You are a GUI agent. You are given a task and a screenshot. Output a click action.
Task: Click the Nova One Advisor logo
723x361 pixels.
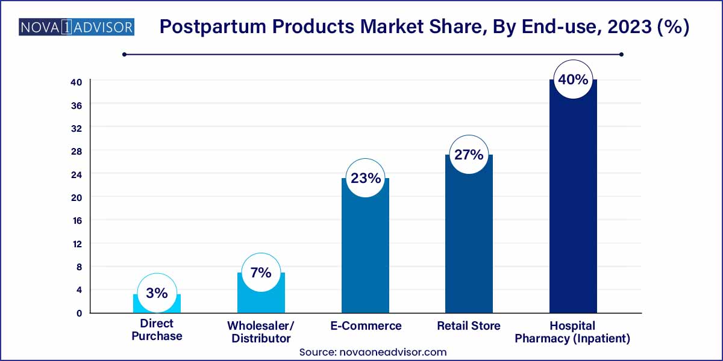pyautogui.click(x=76, y=27)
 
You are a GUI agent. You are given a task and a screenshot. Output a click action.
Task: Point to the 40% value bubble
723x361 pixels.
pyautogui.click(x=573, y=79)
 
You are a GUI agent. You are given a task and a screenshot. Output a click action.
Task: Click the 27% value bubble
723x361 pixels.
pyautogui.click(x=469, y=155)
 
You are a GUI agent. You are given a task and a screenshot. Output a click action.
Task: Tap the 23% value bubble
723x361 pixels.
pyautogui.click(x=365, y=178)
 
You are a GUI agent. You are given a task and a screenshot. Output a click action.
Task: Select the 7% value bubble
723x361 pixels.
pyautogui.click(x=261, y=273)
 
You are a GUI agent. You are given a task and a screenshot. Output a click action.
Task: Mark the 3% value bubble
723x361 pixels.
pyautogui.click(x=157, y=293)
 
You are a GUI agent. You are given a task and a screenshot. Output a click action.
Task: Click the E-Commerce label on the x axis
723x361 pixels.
pyautogui.click(x=365, y=326)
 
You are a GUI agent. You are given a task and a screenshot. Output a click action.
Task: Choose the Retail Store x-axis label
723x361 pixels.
pyautogui.click(x=469, y=326)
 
